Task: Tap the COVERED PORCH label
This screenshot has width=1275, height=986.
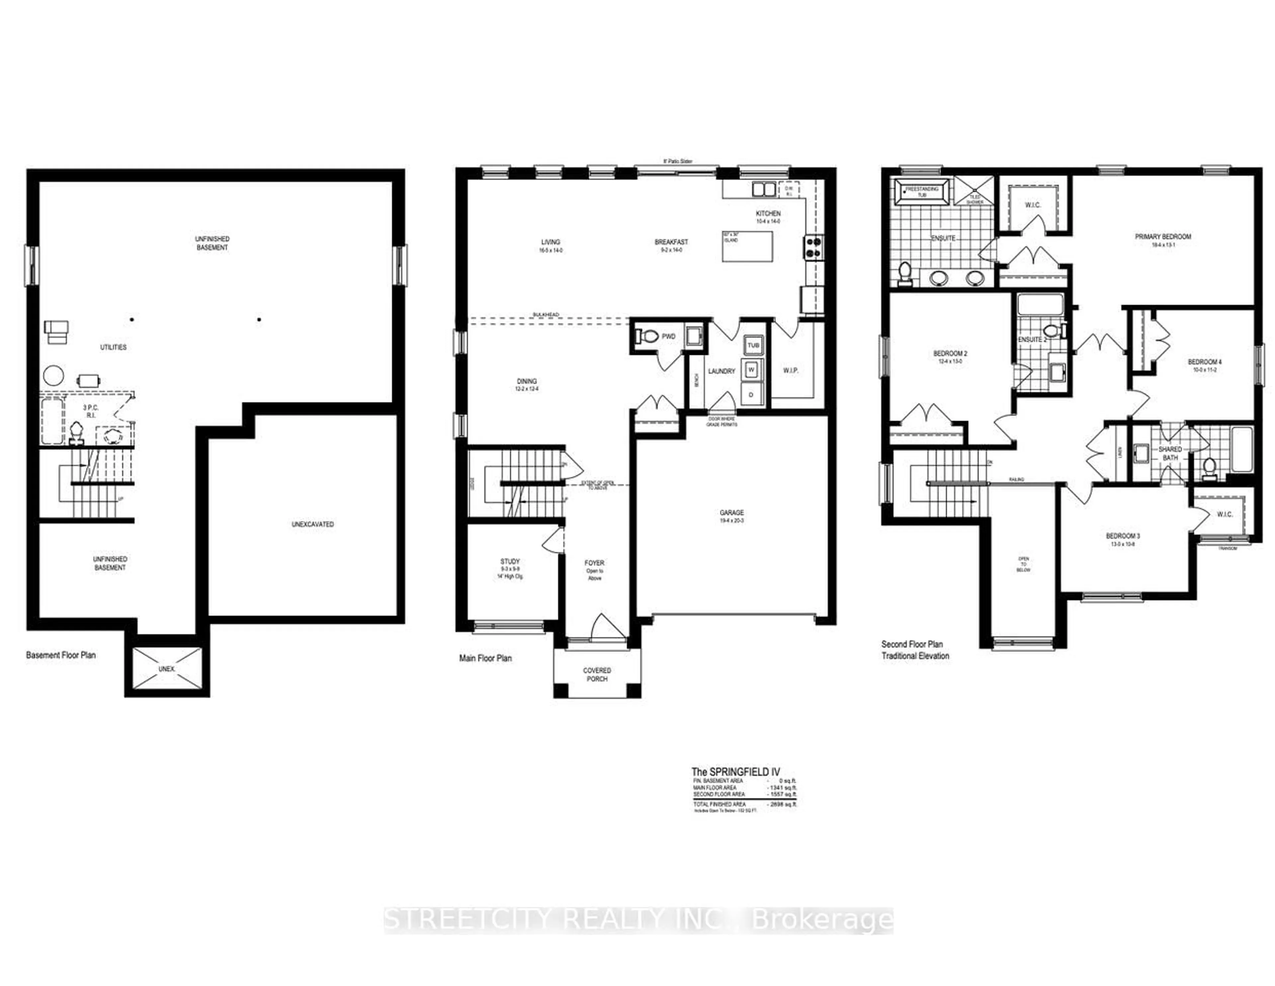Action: tap(597, 674)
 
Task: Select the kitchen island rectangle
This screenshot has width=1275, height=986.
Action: tap(747, 246)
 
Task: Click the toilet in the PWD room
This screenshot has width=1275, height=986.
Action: tap(645, 337)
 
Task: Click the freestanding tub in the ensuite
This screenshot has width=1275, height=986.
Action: tap(922, 192)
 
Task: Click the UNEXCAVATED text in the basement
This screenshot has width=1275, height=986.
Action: tap(312, 524)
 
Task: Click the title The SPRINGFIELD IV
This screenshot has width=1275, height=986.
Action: tap(735, 772)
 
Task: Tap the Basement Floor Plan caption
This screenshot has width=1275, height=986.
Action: tap(61, 655)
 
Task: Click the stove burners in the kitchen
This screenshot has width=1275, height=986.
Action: tap(814, 247)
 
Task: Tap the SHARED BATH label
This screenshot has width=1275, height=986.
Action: tap(1170, 453)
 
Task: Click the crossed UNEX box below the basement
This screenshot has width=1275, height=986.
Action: tap(166, 669)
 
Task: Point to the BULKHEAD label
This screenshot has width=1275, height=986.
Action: tap(545, 314)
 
